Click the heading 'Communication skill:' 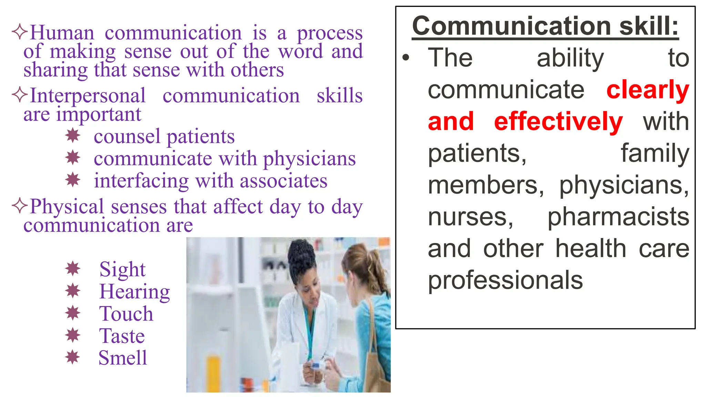pos(545,26)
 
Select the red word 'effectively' pos(558,122)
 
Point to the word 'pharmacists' pos(618,217)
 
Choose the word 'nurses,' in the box pos(471,217)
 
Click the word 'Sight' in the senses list pos(122,269)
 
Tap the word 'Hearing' pos(134,292)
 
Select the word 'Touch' pos(126,314)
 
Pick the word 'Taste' pos(122,336)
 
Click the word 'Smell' pos(123,358)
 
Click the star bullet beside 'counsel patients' pos(73,135)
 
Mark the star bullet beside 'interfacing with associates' pos(73,180)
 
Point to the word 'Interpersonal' pos(88,96)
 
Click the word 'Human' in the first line pos(62,33)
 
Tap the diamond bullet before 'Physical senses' pos(19,206)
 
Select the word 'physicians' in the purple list pos(309,159)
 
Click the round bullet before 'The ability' pos(406,58)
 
